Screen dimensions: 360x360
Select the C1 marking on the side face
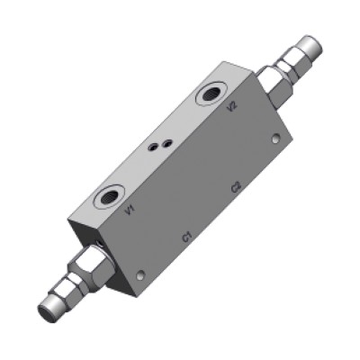point(186,237)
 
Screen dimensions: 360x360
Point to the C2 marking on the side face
point(236,187)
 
